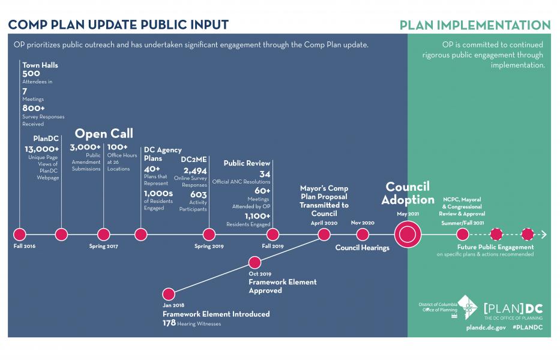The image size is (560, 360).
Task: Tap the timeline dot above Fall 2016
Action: click(x=20, y=235)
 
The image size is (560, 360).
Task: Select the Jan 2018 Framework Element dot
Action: click(x=169, y=294)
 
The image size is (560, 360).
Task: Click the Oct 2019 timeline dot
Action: click(x=254, y=263)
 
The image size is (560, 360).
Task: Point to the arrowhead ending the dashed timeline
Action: click(x=544, y=235)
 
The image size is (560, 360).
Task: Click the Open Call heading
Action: click(x=104, y=134)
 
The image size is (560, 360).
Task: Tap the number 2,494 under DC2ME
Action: click(x=195, y=171)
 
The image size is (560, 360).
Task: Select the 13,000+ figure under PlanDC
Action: click(x=42, y=149)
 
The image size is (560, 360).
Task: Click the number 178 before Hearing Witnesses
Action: click(x=169, y=323)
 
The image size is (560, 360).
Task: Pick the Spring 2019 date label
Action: click(x=209, y=246)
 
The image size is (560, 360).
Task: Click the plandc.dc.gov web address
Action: click(x=486, y=328)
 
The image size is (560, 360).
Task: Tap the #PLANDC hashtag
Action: click(x=528, y=327)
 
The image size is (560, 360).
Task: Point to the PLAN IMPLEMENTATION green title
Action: click(x=475, y=25)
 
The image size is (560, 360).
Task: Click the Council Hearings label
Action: click(x=362, y=248)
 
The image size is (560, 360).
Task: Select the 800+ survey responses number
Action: click(x=34, y=108)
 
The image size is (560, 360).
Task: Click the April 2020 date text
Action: click(x=324, y=223)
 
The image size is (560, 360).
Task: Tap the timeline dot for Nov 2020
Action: click(x=363, y=235)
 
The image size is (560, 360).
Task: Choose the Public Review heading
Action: click(x=247, y=163)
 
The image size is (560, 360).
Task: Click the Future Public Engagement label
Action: click(x=495, y=247)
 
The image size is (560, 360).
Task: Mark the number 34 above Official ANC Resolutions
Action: click(x=265, y=174)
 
